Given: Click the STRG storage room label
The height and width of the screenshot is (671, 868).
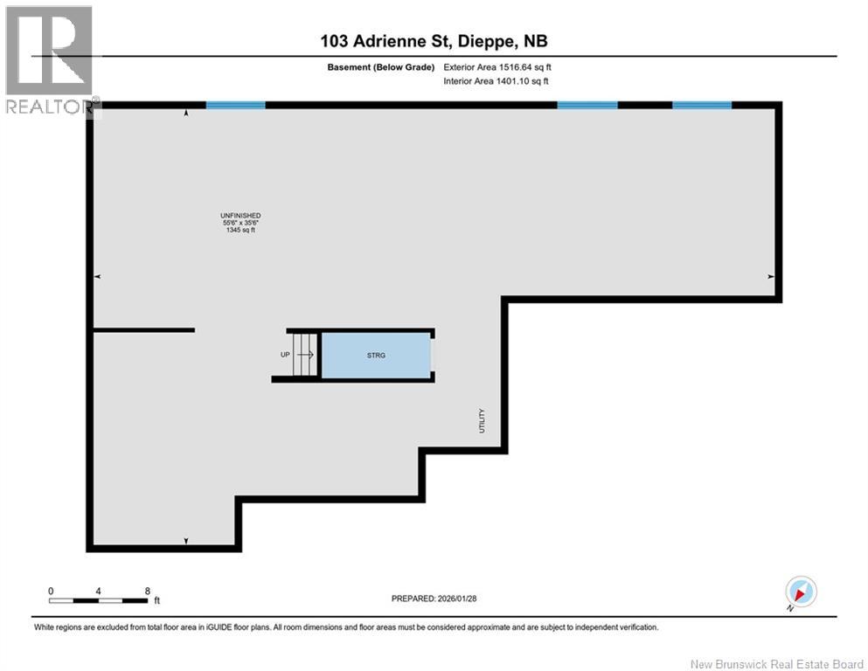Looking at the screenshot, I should tap(377, 356).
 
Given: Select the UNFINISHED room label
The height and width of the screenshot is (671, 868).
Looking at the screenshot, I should tap(241, 216).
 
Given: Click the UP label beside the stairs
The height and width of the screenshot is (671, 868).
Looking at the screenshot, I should tap(285, 355).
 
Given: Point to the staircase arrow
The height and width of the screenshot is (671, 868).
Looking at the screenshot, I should tap(305, 355).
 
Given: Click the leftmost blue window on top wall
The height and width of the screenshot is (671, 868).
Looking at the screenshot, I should tap(235, 105).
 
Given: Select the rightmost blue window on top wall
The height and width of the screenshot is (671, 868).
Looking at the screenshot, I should tap(702, 105).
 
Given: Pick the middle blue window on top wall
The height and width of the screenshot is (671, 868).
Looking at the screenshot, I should tap(587, 105).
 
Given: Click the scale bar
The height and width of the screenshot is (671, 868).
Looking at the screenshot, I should tap(98, 600).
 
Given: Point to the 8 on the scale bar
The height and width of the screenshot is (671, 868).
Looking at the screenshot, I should tap(147, 591).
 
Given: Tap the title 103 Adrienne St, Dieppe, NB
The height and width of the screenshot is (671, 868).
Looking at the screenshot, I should tap(434, 41).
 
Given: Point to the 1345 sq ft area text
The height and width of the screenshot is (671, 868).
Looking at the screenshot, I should tap(241, 230).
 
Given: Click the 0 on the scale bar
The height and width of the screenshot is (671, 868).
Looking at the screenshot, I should tap(51, 591).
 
